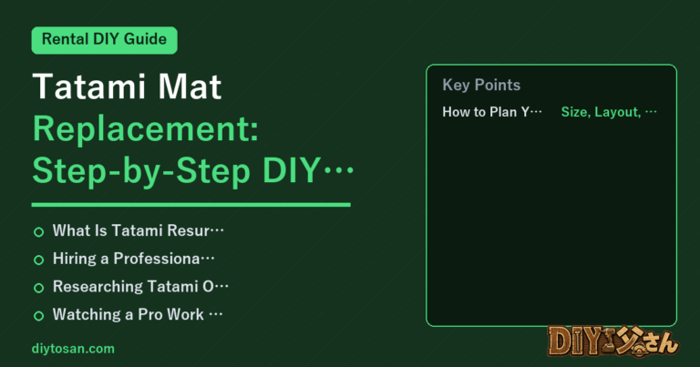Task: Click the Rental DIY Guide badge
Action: (x=105, y=40)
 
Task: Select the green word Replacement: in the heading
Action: (x=146, y=129)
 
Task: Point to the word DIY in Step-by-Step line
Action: (x=291, y=170)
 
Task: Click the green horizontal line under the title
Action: (x=191, y=205)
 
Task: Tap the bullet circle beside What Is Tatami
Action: (x=39, y=232)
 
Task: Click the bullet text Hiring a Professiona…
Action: (x=133, y=259)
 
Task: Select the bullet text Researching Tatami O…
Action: (x=140, y=286)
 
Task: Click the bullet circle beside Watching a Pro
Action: (x=39, y=316)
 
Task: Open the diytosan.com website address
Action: (x=73, y=349)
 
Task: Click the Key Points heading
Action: (x=481, y=85)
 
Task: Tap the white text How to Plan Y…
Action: (x=492, y=112)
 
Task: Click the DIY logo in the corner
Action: (x=613, y=342)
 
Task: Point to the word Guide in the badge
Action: (x=145, y=39)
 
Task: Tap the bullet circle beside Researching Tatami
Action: (x=39, y=288)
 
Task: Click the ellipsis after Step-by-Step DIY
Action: (x=338, y=170)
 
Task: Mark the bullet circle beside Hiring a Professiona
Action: (x=39, y=260)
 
